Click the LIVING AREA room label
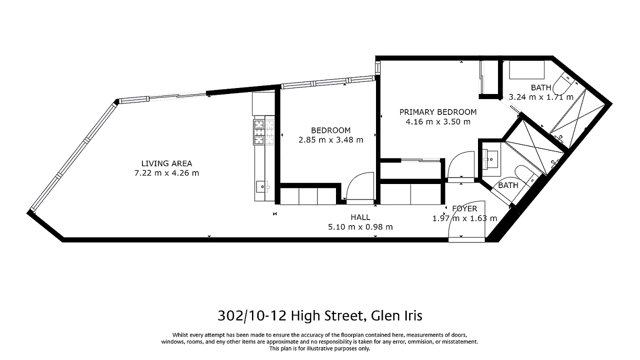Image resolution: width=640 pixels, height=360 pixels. click(x=166, y=163)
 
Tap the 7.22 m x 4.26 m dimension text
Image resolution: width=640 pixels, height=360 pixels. click(x=166, y=173)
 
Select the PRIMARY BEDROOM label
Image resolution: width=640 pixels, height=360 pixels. click(x=438, y=112)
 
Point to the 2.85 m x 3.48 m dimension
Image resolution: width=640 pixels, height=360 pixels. click(x=331, y=140)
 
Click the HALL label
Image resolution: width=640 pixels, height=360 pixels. click(x=360, y=217)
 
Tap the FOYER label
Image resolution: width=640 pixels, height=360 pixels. click(x=464, y=209)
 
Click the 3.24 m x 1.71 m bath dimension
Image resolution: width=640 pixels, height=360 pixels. click(x=541, y=97)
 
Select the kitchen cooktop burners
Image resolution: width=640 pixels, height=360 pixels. click(x=263, y=131)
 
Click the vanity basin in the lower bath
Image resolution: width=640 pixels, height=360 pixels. click(x=491, y=159)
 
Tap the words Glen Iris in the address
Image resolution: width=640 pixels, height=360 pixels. click(x=396, y=315)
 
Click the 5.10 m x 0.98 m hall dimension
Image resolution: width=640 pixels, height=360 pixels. click(x=360, y=227)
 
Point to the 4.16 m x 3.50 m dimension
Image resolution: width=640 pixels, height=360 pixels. click(x=438, y=121)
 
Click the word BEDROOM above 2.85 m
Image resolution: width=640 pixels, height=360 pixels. click(x=331, y=130)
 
